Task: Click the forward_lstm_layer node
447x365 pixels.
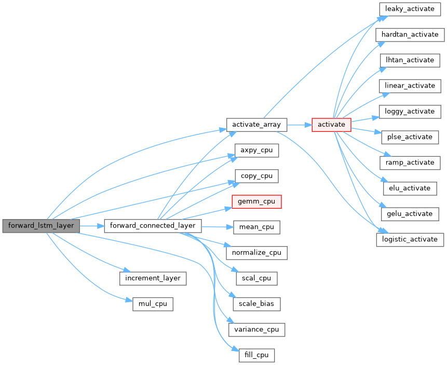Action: coord(41,226)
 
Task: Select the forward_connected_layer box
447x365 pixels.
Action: coord(153,226)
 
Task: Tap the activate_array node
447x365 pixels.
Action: coord(257,125)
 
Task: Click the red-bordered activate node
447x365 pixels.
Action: coord(331,125)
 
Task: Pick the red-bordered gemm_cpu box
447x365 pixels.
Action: coord(256,201)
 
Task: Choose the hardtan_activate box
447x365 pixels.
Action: coord(410,35)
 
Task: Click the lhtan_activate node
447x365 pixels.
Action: coord(410,60)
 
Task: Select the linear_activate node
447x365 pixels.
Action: coord(410,86)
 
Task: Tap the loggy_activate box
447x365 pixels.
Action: coord(410,111)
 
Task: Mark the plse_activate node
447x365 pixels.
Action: coord(410,137)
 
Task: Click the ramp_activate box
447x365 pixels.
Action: coord(410,163)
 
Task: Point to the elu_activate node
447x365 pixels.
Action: coord(410,188)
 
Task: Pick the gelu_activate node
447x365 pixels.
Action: coord(410,213)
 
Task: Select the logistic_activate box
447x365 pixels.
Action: coord(410,239)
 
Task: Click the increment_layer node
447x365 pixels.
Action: coord(153,278)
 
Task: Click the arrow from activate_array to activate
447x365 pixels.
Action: coord(299,125)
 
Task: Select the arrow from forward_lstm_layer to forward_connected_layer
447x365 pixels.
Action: coord(92,226)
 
